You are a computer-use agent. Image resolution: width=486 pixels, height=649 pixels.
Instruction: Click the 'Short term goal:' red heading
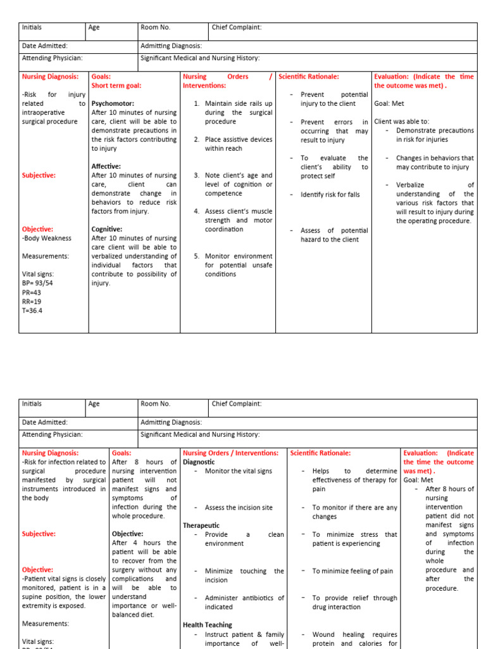tap(116, 86)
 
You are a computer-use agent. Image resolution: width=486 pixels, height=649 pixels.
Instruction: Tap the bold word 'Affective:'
tap(106, 166)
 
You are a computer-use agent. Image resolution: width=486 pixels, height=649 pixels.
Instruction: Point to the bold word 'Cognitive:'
tap(107, 229)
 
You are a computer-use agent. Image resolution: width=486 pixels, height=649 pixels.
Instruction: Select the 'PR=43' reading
tap(31, 292)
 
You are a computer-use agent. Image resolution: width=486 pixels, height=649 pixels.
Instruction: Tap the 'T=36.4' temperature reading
tap(33, 311)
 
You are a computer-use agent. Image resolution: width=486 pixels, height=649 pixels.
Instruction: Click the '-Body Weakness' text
tap(46, 238)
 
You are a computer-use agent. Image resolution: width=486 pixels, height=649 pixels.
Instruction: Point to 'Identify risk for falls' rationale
tap(330, 195)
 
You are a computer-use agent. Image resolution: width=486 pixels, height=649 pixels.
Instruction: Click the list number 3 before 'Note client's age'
tap(197, 176)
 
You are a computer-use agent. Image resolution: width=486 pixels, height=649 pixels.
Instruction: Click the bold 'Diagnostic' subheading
tap(199, 462)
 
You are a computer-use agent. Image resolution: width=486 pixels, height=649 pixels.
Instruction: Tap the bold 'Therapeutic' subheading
tap(201, 525)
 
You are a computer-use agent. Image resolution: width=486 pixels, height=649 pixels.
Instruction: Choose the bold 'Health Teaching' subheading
tap(208, 625)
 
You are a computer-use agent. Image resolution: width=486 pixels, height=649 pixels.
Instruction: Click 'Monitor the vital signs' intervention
tap(239, 472)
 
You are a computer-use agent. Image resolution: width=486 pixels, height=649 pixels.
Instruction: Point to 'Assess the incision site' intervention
tap(239, 508)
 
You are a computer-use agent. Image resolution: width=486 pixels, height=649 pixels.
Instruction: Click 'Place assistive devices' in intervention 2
tap(239, 139)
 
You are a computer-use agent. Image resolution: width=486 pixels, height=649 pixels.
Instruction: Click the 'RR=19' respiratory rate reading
tap(31, 301)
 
